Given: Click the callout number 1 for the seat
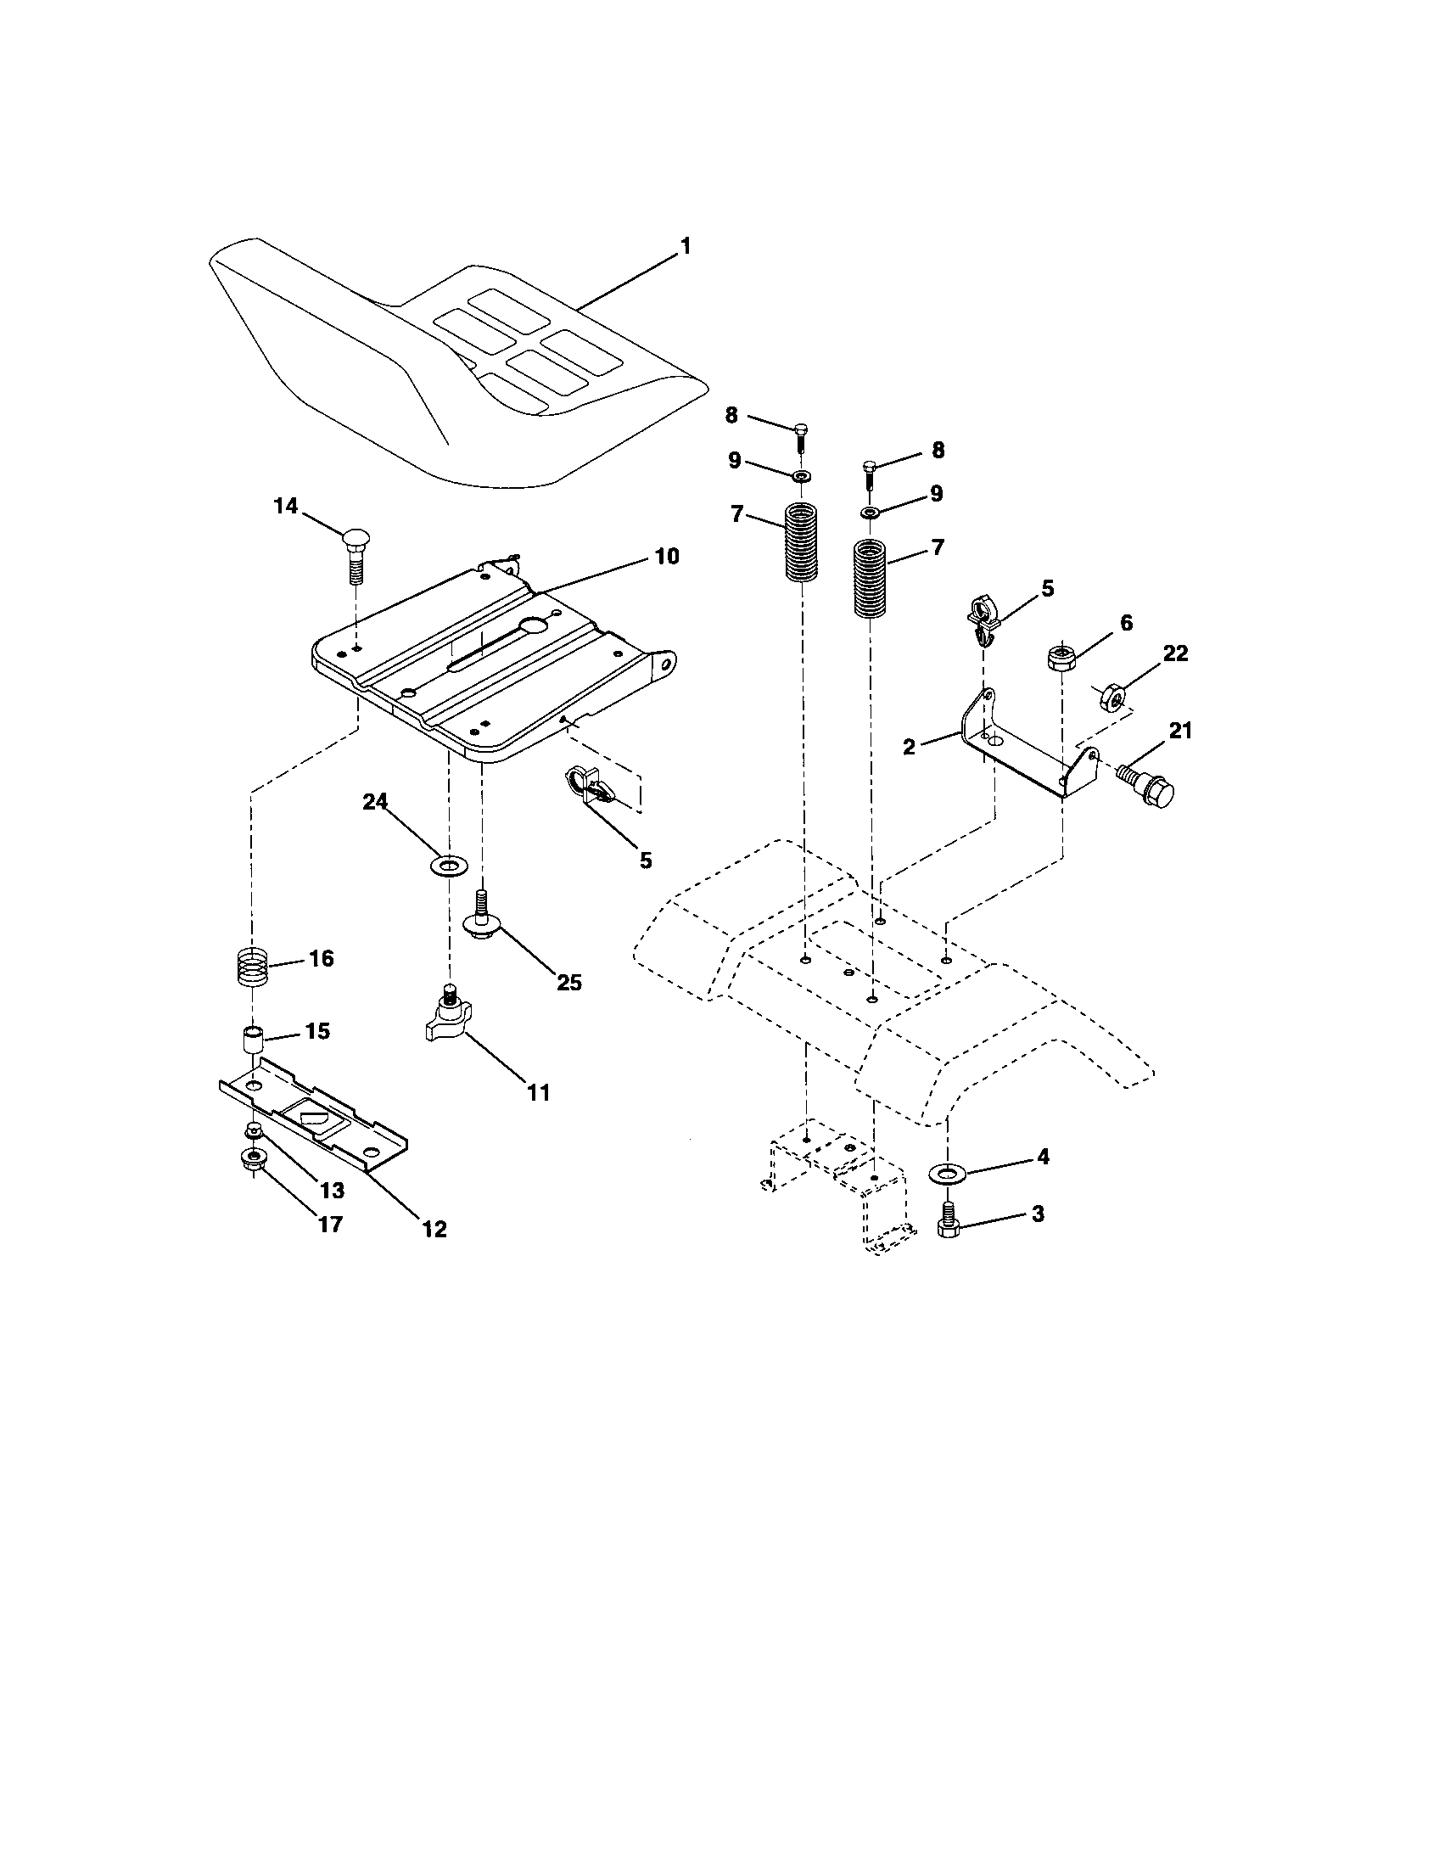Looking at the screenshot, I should [685, 246].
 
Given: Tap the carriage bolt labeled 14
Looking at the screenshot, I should [355, 555].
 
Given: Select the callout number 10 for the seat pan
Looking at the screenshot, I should [667, 557].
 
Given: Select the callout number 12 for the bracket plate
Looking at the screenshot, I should [434, 1230].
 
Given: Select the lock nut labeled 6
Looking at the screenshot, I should [1061, 659].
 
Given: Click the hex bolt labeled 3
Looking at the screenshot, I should [948, 1224].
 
